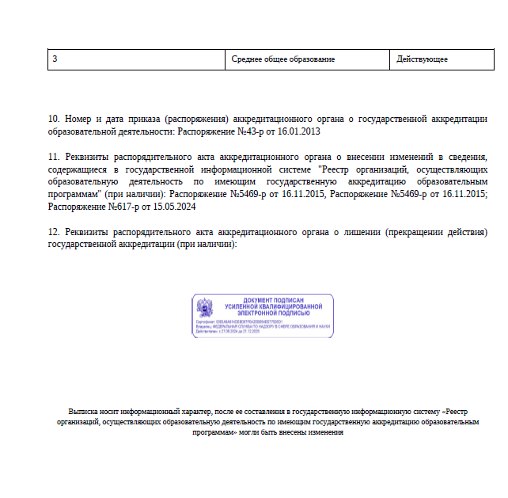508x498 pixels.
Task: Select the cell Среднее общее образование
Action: click(282, 59)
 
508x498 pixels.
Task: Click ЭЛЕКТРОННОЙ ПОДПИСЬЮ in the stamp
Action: click(274, 313)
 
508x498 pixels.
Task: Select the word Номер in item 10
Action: click(80, 119)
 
